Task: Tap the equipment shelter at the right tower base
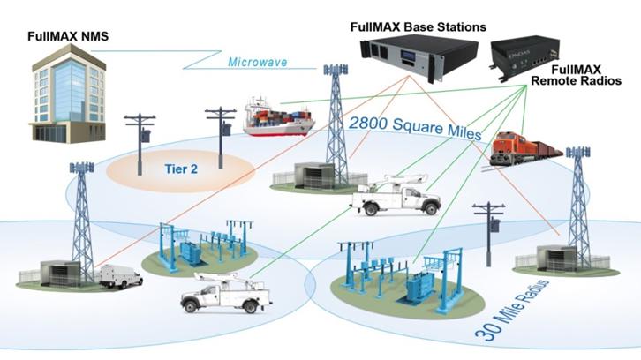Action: coord(552,254)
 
